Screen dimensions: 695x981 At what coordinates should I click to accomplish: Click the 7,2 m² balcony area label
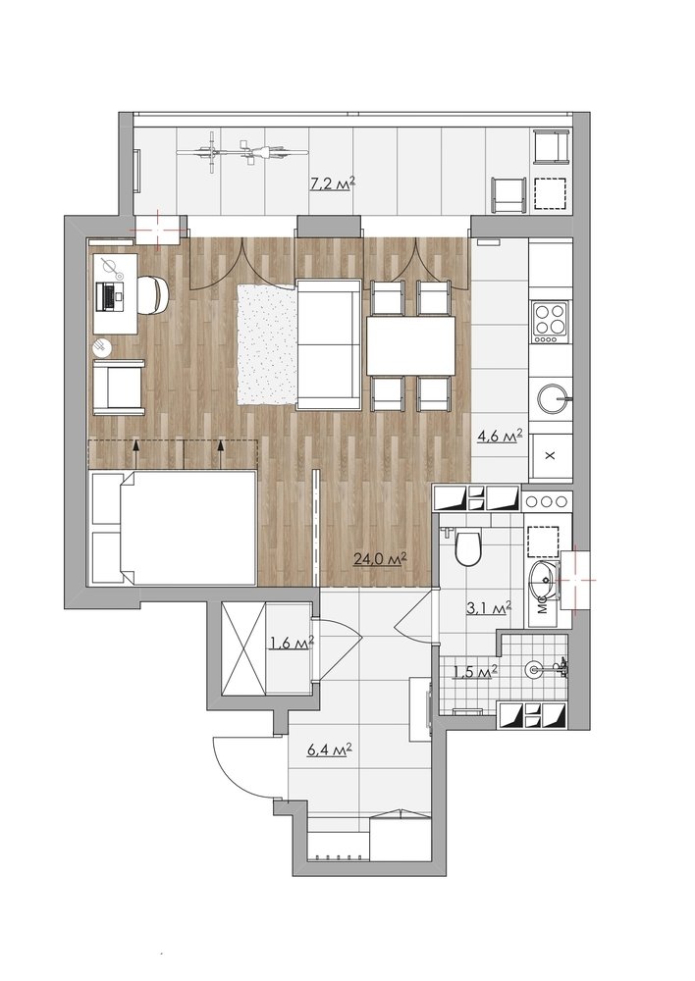pos(333,183)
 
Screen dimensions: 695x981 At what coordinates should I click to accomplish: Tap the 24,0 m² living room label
pos(380,559)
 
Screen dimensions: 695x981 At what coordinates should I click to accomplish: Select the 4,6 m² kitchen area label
pos(500,436)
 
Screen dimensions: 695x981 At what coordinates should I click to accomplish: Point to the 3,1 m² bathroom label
pos(490,607)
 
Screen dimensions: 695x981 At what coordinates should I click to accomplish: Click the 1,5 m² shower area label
pos(474,672)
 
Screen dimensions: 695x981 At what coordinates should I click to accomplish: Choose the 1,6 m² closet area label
pos(291,643)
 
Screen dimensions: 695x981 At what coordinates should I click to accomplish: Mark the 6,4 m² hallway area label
pos(329,749)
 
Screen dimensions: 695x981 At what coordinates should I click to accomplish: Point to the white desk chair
pos(152,294)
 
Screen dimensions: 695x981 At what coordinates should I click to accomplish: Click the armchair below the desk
pos(119,387)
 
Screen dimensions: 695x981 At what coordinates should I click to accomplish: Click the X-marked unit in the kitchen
pos(551,455)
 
